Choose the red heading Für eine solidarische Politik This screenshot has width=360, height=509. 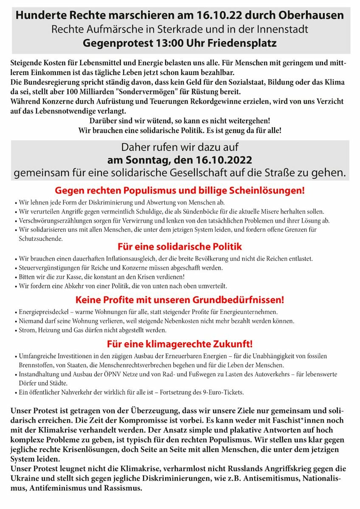(x=180, y=246)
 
